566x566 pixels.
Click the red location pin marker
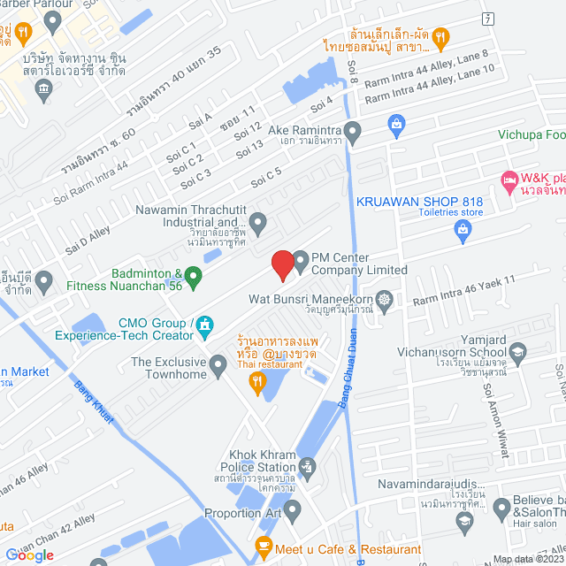click(x=282, y=264)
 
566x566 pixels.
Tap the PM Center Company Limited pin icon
click(x=301, y=260)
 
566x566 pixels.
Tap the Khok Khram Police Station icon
click(x=307, y=465)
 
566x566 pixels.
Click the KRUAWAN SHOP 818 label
click(x=420, y=201)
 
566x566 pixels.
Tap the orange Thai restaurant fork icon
click(x=258, y=382)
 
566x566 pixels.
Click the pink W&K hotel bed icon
click(x=509, y=180)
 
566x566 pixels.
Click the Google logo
click(x=29, y=555)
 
